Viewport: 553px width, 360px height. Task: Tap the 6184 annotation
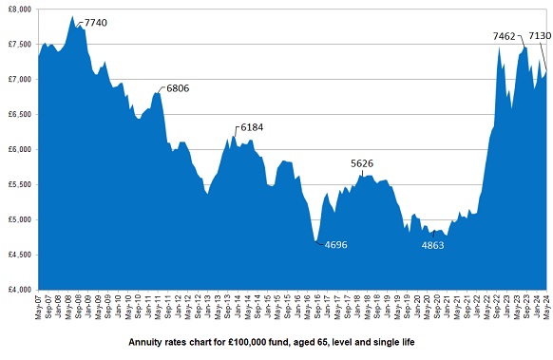pyautogui.click(x=253, y=126)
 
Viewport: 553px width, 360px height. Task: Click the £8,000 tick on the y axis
pyautogui.click(x=19, y=9)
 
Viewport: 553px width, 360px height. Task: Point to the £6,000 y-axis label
pyautogui.click(x=19, y=149)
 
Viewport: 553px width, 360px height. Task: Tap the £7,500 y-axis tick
pyautogui.click(x=19, y=44)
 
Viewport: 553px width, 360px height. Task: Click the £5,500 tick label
pyautogui.click(x=19, y=184)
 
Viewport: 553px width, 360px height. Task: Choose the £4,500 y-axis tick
pyautogui.click(x=19, y=255)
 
